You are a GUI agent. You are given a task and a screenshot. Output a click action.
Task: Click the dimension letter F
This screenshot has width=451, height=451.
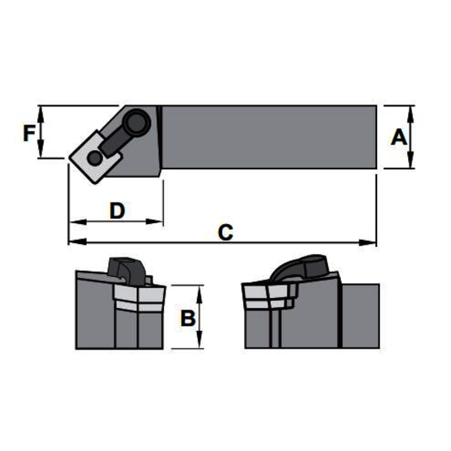29,134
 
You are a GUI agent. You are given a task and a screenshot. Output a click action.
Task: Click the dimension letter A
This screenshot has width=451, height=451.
399,137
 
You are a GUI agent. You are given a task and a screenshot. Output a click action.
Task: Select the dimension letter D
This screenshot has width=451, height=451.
117,211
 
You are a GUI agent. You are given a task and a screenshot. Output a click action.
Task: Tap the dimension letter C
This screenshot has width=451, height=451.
225,232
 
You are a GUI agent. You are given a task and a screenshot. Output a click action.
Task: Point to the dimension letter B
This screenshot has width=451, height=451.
188,318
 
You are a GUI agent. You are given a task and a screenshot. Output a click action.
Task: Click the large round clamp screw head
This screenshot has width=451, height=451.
139,121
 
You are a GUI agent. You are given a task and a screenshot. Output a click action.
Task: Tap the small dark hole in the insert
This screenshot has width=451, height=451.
95,158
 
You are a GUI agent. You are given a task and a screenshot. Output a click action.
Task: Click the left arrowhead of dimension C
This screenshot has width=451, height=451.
78,242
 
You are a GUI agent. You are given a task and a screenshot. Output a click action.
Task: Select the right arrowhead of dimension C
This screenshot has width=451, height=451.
368,242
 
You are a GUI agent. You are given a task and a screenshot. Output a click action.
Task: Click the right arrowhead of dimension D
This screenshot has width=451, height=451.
155,222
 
